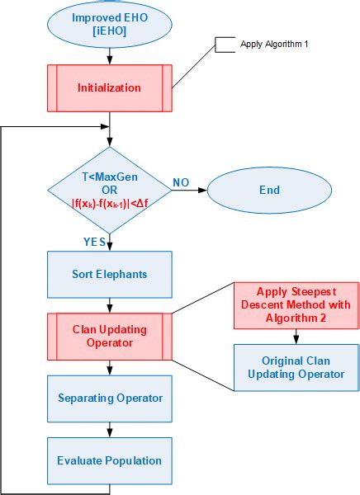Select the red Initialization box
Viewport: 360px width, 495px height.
point(110,87)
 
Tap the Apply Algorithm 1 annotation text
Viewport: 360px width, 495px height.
point(274,44)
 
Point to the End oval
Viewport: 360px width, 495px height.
point(269,190)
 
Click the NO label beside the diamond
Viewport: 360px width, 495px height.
point(182,181)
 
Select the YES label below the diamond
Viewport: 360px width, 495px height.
point(95,242)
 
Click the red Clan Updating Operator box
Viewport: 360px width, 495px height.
point(110,336)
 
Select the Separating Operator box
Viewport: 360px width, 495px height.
point(110,398)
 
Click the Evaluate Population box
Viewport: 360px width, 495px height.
point(110,460)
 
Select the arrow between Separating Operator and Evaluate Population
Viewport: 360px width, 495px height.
point(110,430)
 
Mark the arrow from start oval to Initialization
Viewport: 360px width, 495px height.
point(110,54)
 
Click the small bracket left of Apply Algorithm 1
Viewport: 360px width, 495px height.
point(222,44)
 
